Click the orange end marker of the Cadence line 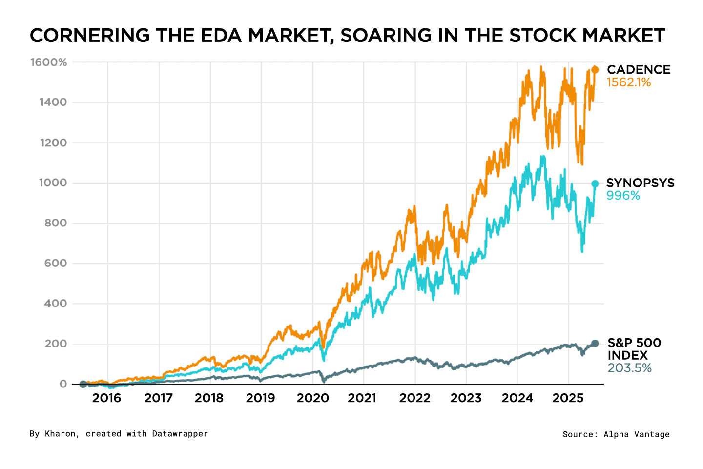point(595,70)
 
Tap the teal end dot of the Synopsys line point(595,184)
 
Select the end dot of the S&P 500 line point(595,344)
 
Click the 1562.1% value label point(629,82)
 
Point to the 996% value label point(623,196)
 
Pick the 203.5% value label point(629,368)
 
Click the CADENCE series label point(639,70)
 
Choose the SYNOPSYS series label point(640,183)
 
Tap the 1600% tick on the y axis point(48,62)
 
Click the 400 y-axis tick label point(56,304)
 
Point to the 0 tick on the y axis point(63,384)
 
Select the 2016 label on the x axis point(106,398)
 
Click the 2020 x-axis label point(312,398)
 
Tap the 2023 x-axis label point(466,398)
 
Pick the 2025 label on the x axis point(568,398)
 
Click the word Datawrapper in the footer point(180,433)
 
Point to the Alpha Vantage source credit point(637,434)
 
